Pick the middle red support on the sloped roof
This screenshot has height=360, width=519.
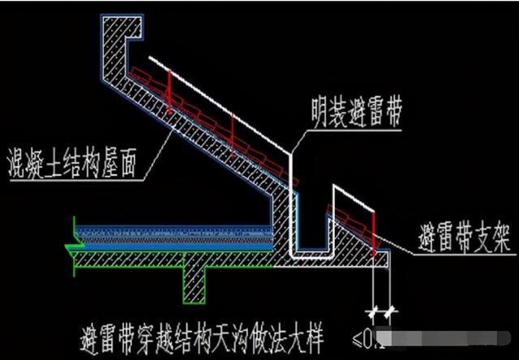coord(232,127)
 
